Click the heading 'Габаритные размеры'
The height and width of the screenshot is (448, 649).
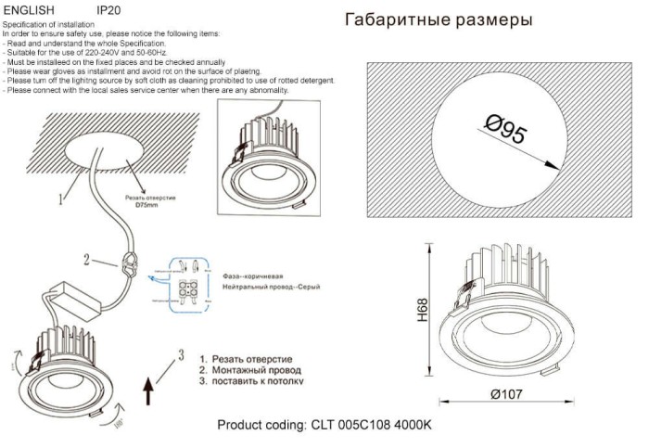[439, 20]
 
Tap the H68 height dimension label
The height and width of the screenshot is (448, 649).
[423, 310]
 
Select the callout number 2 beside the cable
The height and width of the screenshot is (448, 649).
[87, 261]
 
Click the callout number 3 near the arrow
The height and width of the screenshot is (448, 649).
[182, 353]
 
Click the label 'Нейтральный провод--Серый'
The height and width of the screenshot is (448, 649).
[272, 289]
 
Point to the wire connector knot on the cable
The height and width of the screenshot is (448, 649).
[129, 265]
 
